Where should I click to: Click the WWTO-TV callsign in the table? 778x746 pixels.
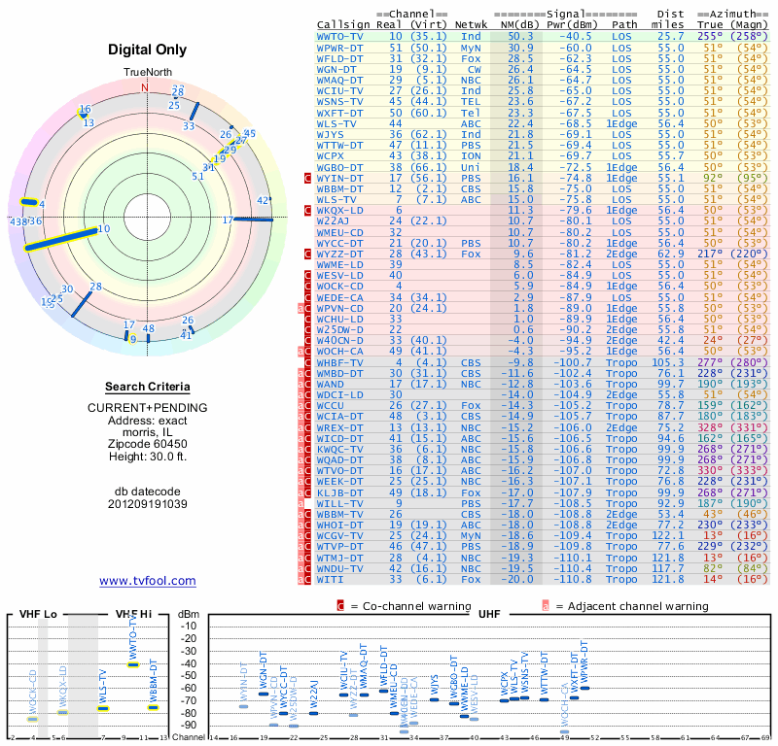click(340, 35)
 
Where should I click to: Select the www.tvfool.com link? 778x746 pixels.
click(148, 581)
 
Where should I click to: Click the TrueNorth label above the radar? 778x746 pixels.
click(146, 73)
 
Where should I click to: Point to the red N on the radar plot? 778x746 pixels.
click(145, 87)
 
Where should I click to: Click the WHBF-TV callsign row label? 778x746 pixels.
click(340, 361)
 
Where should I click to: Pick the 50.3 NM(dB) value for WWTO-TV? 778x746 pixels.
click(520, 35)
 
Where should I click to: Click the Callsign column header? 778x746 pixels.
click(342, 23)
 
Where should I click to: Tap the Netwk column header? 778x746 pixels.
click(472, 23)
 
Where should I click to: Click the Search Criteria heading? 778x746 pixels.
click(148, 387)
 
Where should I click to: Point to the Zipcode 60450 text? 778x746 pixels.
click(148, 441)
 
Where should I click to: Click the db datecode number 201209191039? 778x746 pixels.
click(148, 504)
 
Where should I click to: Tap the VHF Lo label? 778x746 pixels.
click(37, 615)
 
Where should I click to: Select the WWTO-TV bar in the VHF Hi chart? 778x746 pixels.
click(134, 664)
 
